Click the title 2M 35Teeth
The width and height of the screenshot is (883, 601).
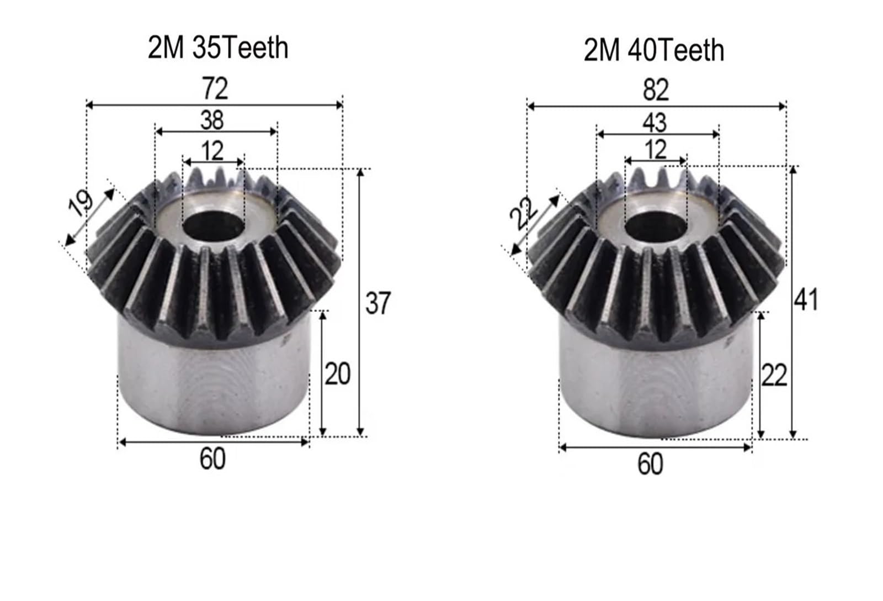click(218, 48)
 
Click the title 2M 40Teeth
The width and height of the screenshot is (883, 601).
click(654, 50)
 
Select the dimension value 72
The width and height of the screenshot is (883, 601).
click(215, 88)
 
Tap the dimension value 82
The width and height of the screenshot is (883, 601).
click(656, 90)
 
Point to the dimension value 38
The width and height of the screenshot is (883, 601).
click(212, 120)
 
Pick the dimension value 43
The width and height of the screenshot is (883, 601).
click(655, 123)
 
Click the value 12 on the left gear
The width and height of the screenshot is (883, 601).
click(212, 151)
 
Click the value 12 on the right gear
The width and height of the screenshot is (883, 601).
click(655, 150)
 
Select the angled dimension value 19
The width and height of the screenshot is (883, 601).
click(81, 203)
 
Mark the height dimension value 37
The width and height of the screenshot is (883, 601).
click(378, 303)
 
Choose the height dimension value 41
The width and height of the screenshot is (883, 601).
click(806, 300)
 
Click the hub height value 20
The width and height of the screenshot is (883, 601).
click(337, 375)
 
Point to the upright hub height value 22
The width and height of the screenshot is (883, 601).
click(774, 377)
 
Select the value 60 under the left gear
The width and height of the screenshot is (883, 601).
click(212, 459)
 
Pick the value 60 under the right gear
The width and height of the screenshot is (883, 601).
click(650, 465)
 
